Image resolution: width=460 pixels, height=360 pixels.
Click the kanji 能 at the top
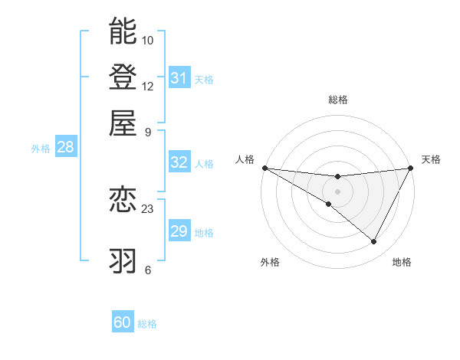123,31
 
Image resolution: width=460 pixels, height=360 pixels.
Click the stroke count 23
148,208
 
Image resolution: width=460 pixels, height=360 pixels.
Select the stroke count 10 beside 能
148,40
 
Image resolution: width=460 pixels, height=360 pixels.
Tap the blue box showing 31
179,77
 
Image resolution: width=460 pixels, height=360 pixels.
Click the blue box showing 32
179,162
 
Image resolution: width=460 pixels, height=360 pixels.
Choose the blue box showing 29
179,231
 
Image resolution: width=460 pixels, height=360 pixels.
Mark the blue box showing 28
65,148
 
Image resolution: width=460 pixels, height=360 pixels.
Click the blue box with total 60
123,322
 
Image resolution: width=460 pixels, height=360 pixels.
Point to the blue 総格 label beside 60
147,324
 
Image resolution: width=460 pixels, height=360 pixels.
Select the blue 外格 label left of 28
41,149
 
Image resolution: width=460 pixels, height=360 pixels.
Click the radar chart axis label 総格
338,100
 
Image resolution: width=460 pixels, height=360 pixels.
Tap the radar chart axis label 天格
431,159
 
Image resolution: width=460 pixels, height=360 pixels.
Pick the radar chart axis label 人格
245,159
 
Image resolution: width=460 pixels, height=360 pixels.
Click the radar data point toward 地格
374,242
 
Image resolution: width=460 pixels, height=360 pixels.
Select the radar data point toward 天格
412,168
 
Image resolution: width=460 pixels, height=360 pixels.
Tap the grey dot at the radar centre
338,191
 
